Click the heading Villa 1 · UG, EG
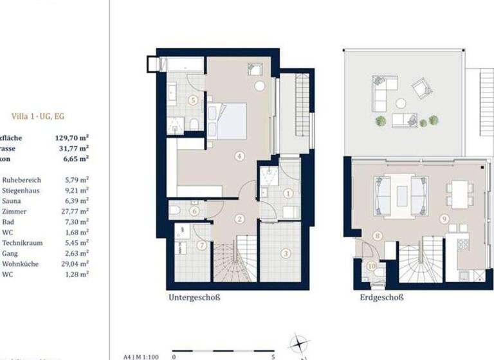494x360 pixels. click(38, 116)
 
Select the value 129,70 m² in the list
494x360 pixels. click(71, 137)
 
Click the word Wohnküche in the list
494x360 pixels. click(20, 264)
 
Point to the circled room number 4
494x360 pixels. click(239, 155)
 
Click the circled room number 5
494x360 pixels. click(193, 100)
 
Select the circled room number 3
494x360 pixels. click(286, 253)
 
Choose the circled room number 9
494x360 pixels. click(444, 219)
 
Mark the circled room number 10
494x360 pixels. click(371, 265)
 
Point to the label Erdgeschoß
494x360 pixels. click(381, 298)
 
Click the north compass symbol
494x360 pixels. click(298, 343)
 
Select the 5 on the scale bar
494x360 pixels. click(273, 355)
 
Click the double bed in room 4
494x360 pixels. click(228, 121)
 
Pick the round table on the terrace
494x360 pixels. click(401, 103)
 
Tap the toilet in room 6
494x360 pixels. click(175, 210)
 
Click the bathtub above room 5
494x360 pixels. click(181, 65)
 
